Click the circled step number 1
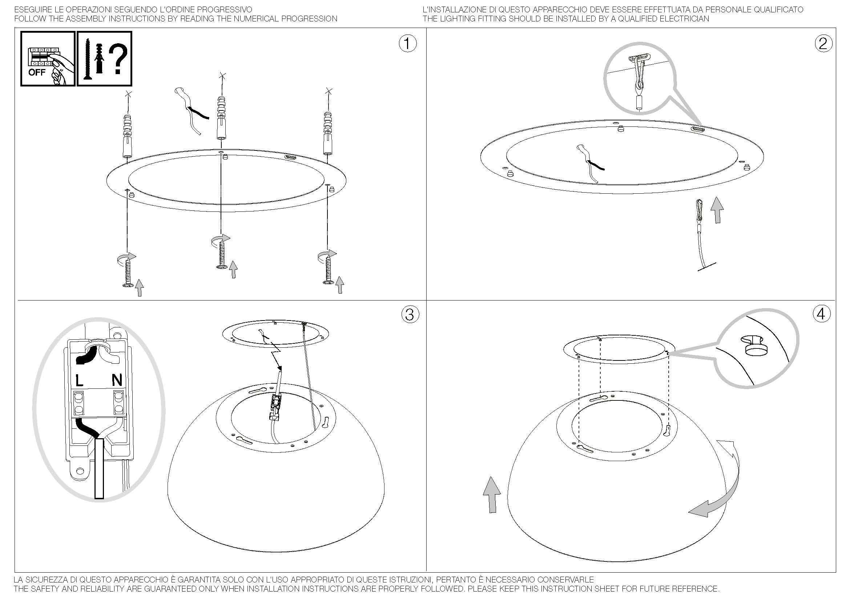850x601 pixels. pyautogui.click(x=407, y=44)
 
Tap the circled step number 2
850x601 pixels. pyautogui.click(x=823, y=44)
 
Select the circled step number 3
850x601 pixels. pyautogui.click(x=410, y=315)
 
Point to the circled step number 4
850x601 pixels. pyautogui.click(x=822, y=314)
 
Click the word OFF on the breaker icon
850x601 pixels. pyautogui.click(x=37, y=72)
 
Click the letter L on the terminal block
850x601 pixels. pyautogui.click(x=80, y=380)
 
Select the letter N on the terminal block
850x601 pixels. pyautogui.click(x=117, y=380)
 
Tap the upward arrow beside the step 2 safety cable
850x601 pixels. pyautogui.click(x=717, y=210)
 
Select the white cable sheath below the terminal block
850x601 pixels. pyautogui.click(x=99, y=468)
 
